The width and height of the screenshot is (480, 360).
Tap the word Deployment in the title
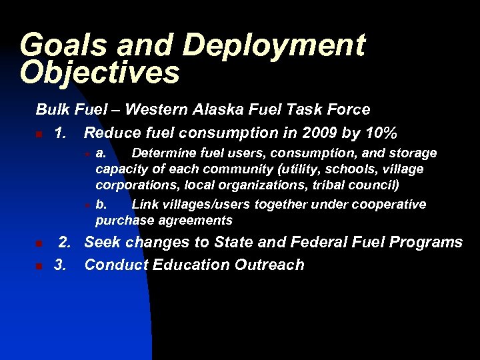point(274,45)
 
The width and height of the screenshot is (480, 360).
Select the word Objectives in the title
point(100,73)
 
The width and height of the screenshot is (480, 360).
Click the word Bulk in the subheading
point(51,109)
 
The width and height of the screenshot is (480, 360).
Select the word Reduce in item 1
point(112,133)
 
